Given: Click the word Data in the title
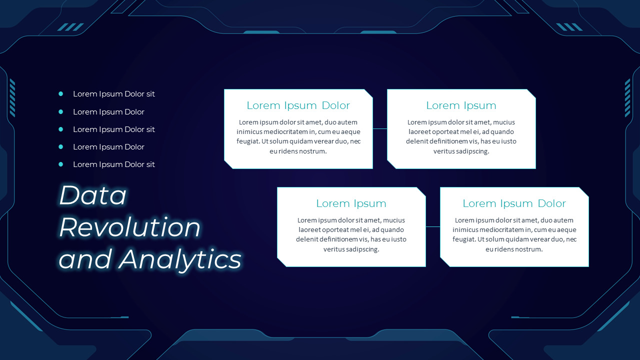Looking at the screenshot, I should (x=93, y=195).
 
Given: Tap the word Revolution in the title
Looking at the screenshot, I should (x=130, y=227).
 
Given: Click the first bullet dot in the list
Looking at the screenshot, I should (x=61, y=93).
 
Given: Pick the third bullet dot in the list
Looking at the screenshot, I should (x=61, y=129).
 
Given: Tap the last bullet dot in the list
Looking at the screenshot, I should (x=61, y=164).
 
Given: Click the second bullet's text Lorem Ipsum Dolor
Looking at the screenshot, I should (x=108, y=112).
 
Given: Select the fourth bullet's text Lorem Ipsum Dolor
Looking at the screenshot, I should (x=108, y=147).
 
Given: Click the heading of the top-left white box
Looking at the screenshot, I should (x=298, y=105).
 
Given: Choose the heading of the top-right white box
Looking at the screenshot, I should (x=461, y=105).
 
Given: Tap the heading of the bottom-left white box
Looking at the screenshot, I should (x=351, y=203).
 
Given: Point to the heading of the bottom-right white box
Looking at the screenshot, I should (x=514, y=203).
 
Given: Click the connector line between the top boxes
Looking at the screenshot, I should (x=380, y=128).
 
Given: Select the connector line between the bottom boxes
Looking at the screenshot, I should (x=433, y=226).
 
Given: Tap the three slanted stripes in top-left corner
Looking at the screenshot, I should (x=70, y=27).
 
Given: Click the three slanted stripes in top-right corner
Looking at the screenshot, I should (x=569, y=27).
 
